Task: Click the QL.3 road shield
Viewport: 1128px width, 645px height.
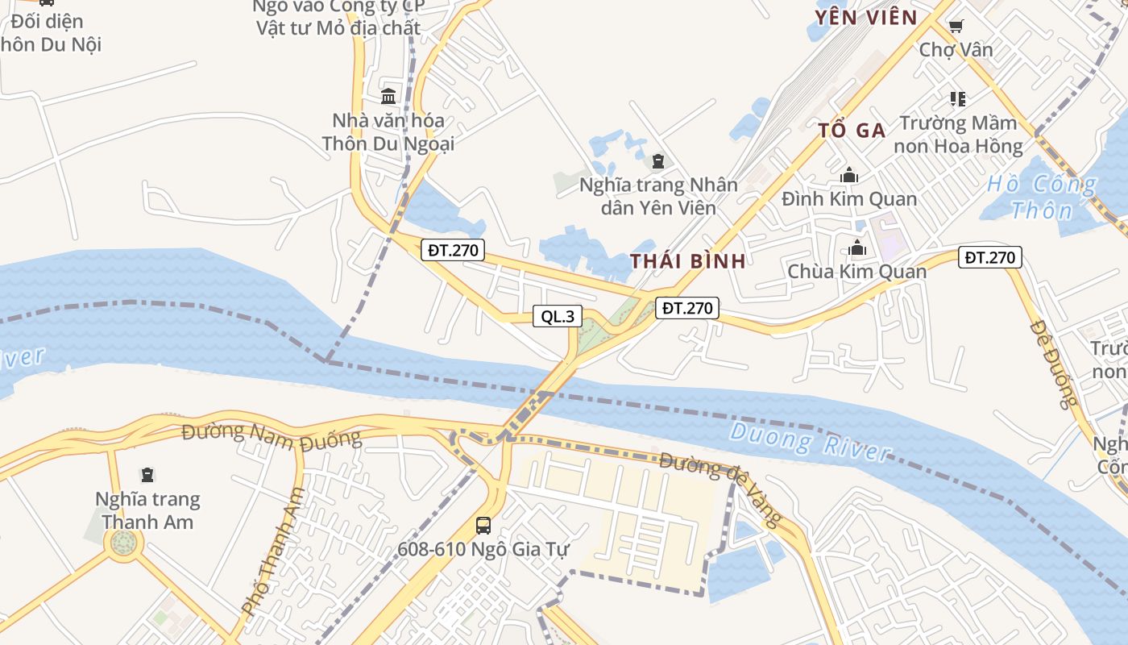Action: click(558, 316)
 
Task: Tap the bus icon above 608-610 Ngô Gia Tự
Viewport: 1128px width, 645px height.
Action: click(483, 526)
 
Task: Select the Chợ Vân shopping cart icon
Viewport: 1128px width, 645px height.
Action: click(956, 26)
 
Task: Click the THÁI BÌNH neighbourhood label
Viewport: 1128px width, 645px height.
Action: click(687, 260)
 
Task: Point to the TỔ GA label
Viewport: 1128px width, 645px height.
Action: click(852, 130)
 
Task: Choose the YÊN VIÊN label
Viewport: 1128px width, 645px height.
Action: click(865, 18)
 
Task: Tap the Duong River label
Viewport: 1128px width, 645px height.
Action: click(811, 441)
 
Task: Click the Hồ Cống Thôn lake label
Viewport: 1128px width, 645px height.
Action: click(1041, 198)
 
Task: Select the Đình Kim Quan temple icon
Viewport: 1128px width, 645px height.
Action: click(849, 175)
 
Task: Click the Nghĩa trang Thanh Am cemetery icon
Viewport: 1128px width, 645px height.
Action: click(147, 475)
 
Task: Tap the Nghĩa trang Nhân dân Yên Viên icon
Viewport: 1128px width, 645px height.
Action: click(658, 161)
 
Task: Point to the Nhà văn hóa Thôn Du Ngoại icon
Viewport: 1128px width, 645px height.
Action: click(388, 97)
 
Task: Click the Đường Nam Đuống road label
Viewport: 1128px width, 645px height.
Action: click(272, 435)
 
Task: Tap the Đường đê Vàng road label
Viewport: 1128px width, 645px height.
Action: click(720, 488)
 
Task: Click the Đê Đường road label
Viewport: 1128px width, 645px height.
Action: click(1053, 364)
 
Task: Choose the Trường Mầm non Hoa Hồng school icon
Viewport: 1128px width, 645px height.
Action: click(957, 99)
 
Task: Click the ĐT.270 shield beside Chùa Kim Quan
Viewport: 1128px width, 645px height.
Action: click(989, 258)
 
